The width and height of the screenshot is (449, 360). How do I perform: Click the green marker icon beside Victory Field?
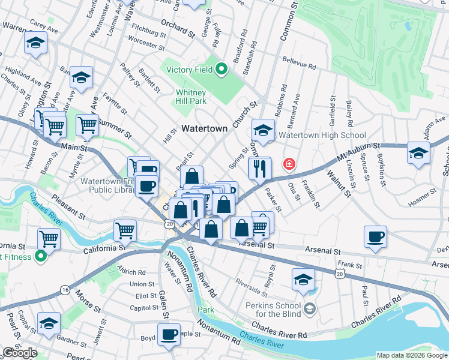(221, 70)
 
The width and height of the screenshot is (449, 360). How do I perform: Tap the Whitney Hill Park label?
(191, 97)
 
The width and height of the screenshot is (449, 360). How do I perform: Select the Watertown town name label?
(205, 128)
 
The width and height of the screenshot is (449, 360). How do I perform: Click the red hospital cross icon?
(289, 163)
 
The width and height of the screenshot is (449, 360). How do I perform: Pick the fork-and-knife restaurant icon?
(260, 169)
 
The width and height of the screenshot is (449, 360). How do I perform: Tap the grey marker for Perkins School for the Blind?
(309, 309)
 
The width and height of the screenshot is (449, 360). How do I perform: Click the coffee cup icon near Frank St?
(375, 236)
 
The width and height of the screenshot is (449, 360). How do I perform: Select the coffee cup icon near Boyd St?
(169, 333)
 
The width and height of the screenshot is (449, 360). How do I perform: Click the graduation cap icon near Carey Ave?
(36, 43)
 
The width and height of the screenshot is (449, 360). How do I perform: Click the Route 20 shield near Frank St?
(340, 274)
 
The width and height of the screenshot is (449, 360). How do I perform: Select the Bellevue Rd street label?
(299, 64)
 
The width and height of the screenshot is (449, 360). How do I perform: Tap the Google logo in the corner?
(20, 353)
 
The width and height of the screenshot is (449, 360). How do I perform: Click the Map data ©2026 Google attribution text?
(411, 355)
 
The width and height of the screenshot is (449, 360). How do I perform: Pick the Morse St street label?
(88, 302)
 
